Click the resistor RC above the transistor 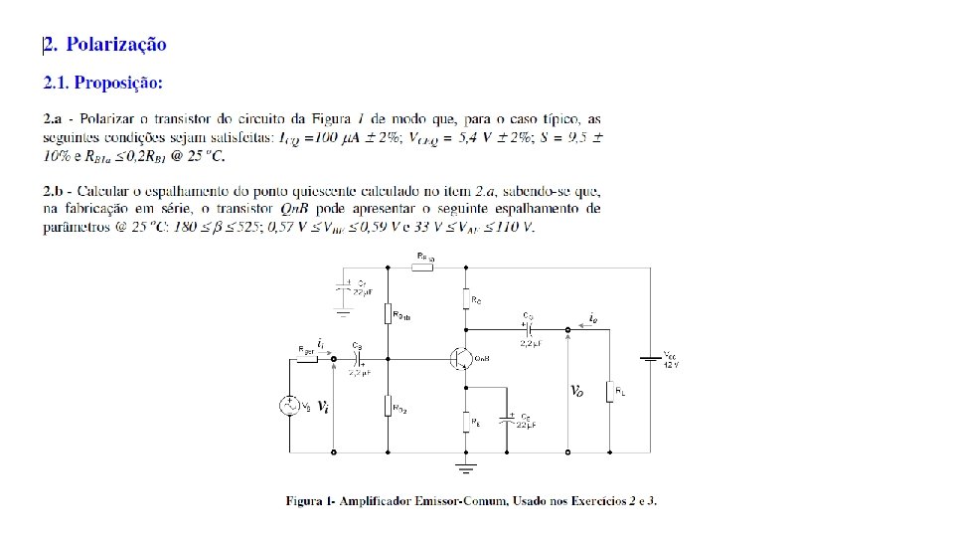[x=464, y=297]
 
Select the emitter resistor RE [x=464, y=421]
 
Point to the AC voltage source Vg [x=289, y=406]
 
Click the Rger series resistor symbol [x=308, y=359]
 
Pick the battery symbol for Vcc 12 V [x=651, y=359]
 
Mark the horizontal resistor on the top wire [x=424, y=267]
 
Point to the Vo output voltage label [x=576, y=391]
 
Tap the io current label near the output [x=593, y=317]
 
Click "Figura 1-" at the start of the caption [x=309, y=500]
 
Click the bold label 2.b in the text [x=55, y=189]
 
